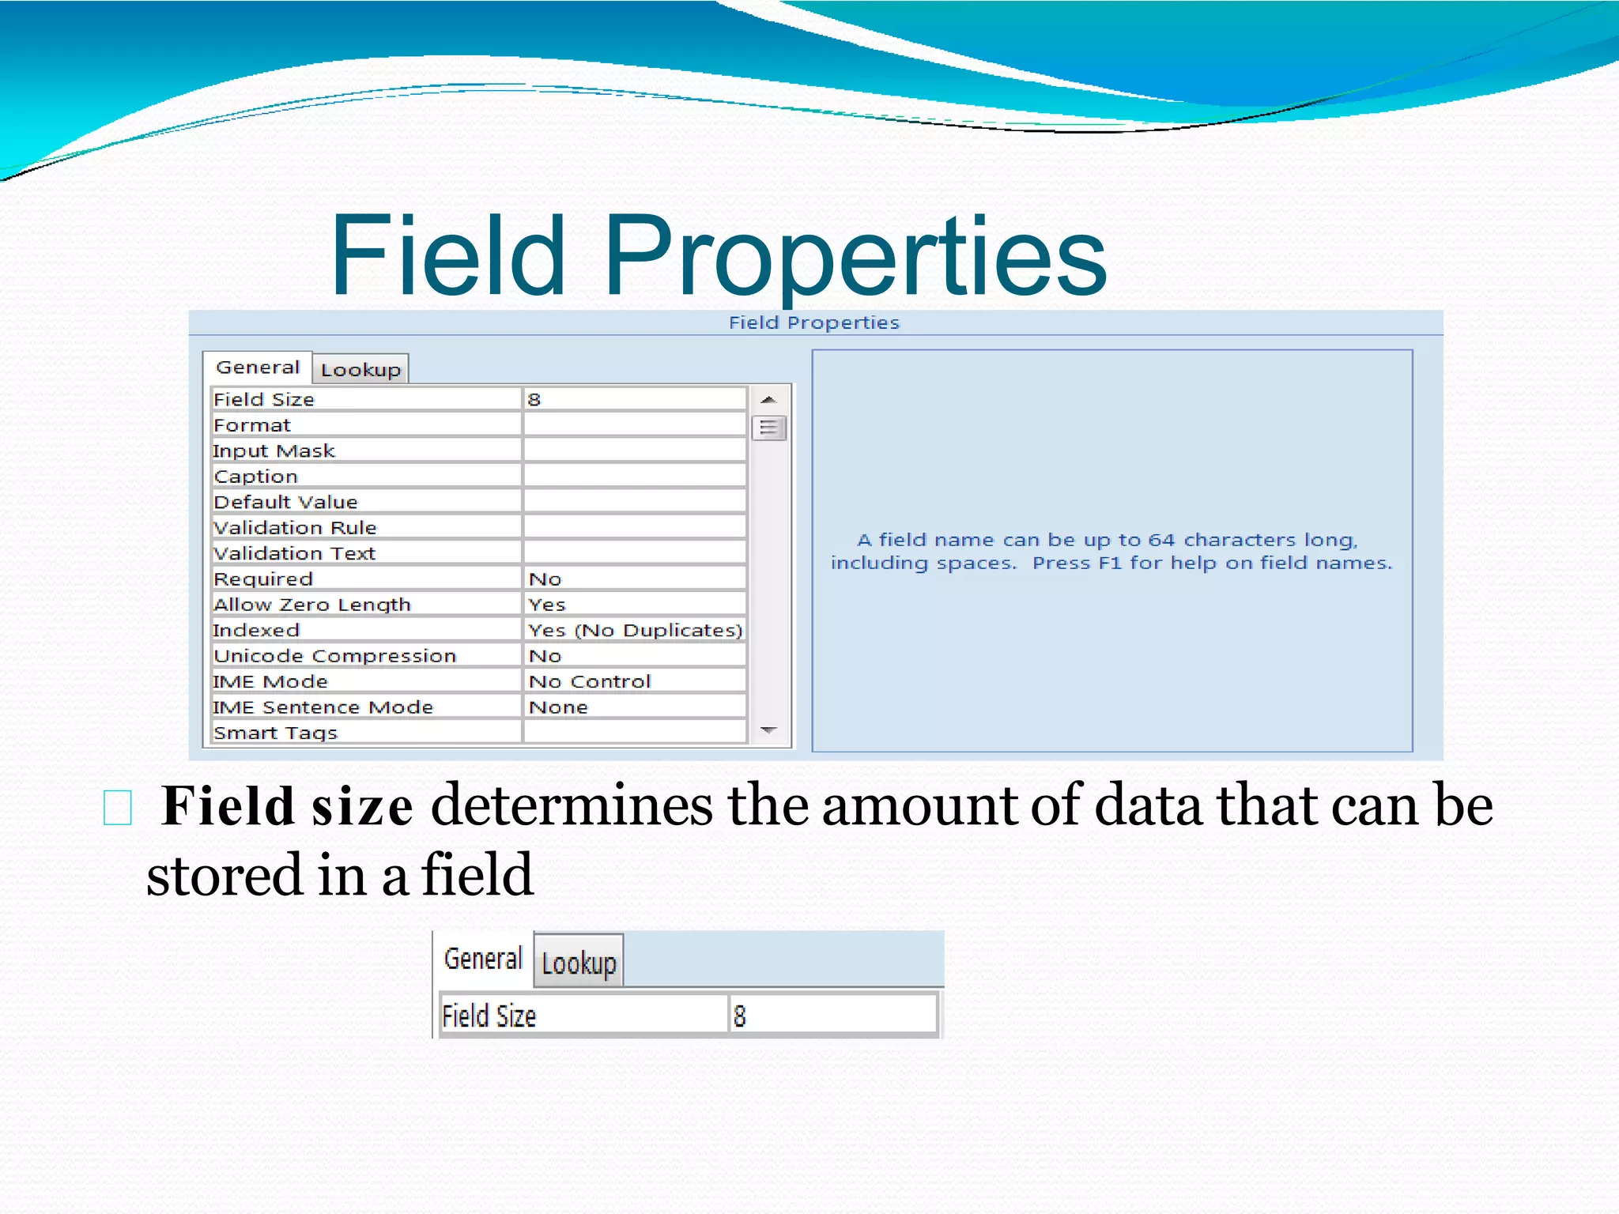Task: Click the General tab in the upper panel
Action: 258,368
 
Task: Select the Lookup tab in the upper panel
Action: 360,370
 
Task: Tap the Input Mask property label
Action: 274,451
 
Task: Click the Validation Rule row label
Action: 295,527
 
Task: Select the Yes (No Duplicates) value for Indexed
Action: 635,630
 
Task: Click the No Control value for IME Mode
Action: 590,681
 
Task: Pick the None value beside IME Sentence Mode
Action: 558,707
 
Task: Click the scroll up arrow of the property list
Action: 768,400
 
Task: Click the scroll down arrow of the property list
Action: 768,730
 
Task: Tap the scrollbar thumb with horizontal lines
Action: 768,428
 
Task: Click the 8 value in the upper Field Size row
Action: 534,400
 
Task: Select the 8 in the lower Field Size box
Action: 740,1016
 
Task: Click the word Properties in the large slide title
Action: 855,257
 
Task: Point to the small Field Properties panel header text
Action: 813,322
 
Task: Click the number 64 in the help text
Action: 1161,540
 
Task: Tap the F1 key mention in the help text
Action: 1109,563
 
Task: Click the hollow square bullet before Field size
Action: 118,808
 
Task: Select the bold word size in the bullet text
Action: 362,808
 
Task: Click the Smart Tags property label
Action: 275,733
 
